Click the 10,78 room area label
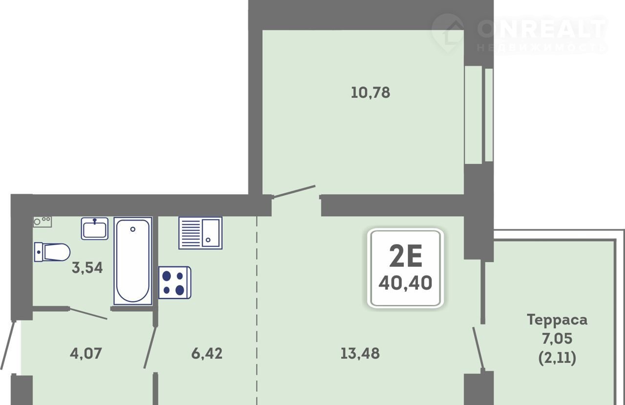point(370,93)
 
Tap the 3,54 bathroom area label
point(87,268)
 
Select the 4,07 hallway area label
point(85,354)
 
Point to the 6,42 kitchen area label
point(207,354)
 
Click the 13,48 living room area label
point(360,354)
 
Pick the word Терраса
point(557,320)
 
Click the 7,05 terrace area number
point(557,339)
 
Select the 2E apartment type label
point(405,256)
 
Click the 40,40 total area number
point(405,283)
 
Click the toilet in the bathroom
point(52,252)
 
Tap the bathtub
point(133,261)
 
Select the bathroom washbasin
point(95,228)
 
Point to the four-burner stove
point(175,283)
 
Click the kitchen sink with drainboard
point(200,233)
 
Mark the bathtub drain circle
point(133,229)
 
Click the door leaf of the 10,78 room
point(294,192)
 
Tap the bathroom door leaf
point(88,314)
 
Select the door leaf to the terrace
point(478,349)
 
